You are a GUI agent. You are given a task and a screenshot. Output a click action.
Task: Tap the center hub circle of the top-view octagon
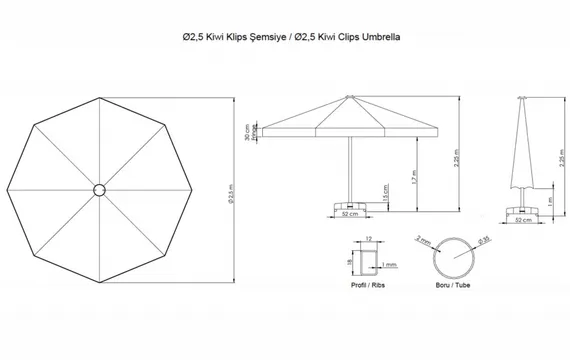pyautogui.click(x=100, y=190)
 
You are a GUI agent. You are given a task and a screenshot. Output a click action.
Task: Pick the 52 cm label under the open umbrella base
pyautogui.click(x=349, y=213)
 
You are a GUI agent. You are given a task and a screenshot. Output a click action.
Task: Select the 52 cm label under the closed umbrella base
pyautogui.click(x=523, y=219)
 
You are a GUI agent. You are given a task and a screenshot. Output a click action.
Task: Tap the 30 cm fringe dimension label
pyautogui.click(x=246, y=133)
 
